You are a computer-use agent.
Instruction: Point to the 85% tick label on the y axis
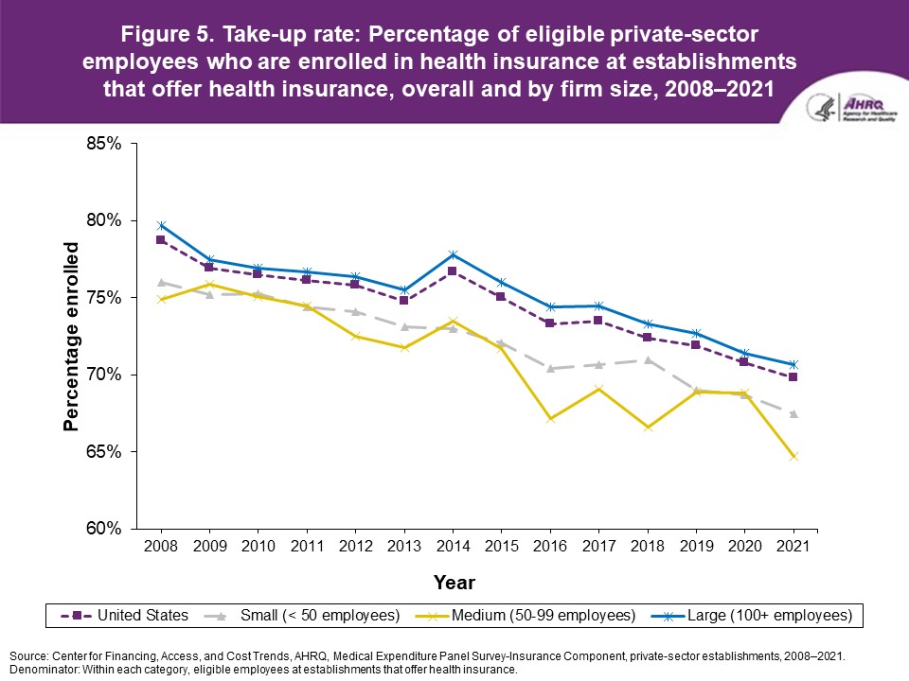coord(102,144)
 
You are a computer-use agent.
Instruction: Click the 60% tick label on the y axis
coord(102,529)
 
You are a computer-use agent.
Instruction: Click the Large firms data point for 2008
coord(161,225)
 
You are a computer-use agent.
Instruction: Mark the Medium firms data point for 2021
coord(793,456)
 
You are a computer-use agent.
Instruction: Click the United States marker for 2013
coord(404,300)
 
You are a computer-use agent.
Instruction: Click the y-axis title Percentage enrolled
coord(71,338)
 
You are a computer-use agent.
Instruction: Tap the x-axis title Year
coord(454,582)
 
